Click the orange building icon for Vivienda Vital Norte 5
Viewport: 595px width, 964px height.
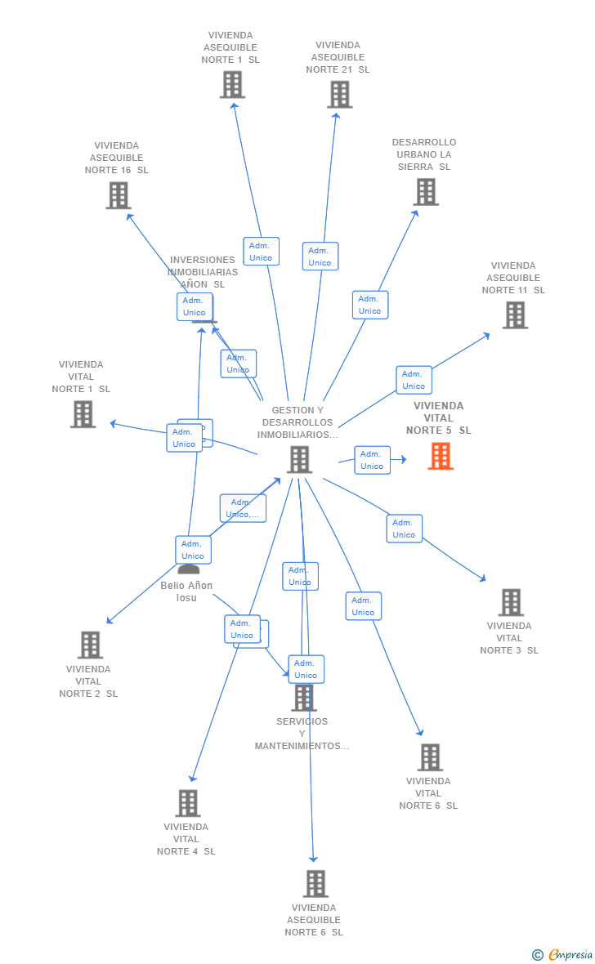441,456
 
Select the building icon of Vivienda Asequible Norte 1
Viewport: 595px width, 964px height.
232,84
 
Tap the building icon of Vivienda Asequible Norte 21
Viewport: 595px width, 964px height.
339,94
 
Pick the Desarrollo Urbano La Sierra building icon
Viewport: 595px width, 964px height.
426,192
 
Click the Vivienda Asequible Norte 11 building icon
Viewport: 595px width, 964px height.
515,315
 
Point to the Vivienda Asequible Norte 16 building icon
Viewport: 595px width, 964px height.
119,195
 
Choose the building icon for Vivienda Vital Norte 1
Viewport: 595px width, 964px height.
83,414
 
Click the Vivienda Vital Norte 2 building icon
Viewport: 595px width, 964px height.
90,645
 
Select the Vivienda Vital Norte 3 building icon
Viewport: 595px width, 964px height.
511,602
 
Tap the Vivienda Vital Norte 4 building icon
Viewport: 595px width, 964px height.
188,803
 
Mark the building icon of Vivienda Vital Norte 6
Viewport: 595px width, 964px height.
430,757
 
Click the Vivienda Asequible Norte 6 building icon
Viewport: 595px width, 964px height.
315,883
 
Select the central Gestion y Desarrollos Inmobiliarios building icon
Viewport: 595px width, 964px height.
299,459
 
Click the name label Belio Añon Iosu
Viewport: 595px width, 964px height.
186,591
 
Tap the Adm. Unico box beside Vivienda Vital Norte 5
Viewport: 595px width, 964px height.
372,460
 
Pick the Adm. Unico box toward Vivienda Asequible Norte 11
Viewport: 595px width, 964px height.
414,380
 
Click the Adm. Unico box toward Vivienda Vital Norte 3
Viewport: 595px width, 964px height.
404,529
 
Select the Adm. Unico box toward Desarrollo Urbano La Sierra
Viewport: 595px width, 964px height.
369,305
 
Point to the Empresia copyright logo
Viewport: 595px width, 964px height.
563,953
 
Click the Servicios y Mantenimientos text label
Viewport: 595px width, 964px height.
302,734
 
